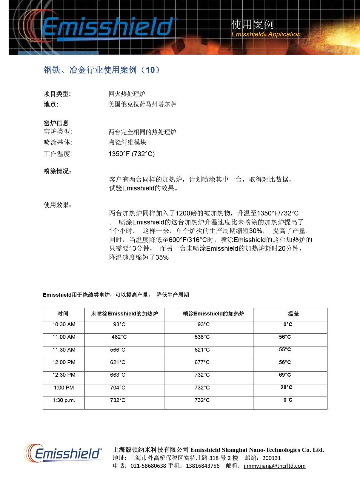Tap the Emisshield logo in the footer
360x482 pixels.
63,453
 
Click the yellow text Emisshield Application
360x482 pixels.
266,34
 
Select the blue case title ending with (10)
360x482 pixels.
102,70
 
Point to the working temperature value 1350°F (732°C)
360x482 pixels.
131,154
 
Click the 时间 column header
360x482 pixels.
63,314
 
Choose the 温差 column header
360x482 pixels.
293,314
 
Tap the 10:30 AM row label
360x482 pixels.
64,324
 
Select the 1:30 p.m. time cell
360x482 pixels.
64,400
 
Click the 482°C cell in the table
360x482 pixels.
119,337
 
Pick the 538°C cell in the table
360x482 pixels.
202,337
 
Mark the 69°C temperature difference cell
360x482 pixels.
285,375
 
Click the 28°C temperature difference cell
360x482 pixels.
286,387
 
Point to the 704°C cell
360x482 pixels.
118,388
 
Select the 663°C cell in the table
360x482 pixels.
118,375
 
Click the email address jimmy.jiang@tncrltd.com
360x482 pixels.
274,466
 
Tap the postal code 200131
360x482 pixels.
271,458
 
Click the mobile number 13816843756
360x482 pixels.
202,466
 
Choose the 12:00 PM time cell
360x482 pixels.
64,362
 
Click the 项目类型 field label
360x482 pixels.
57,94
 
